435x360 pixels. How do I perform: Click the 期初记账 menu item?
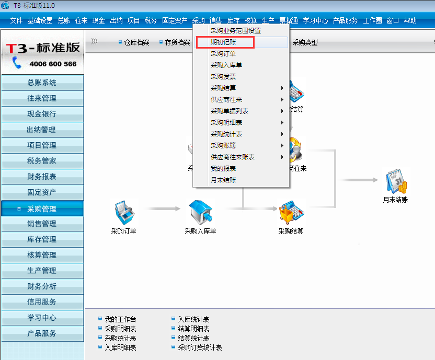coord(223,42)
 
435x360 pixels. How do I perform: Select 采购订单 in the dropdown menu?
coord(223,54)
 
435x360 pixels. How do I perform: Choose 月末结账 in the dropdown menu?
coord(223,180)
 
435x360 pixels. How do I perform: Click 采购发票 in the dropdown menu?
coord(223,77)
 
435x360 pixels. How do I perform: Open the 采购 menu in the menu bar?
coord(198,21)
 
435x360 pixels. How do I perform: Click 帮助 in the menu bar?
coord(410,21)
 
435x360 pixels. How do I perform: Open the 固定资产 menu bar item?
coord(175,21)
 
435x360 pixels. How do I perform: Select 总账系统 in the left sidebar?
coord(42,83)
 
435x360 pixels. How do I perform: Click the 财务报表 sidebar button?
coord(42,177)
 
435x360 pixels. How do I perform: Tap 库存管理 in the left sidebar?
coord(42,239)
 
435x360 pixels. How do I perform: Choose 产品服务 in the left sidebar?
coord(42,333)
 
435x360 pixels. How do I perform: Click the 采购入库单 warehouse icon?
coord(200,211)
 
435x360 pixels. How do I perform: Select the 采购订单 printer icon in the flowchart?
coord(123,211)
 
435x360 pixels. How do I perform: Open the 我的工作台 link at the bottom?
coord(120,319)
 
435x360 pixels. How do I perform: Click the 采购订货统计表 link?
coord(200,347)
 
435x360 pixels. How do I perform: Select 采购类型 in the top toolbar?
coord(305,43)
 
